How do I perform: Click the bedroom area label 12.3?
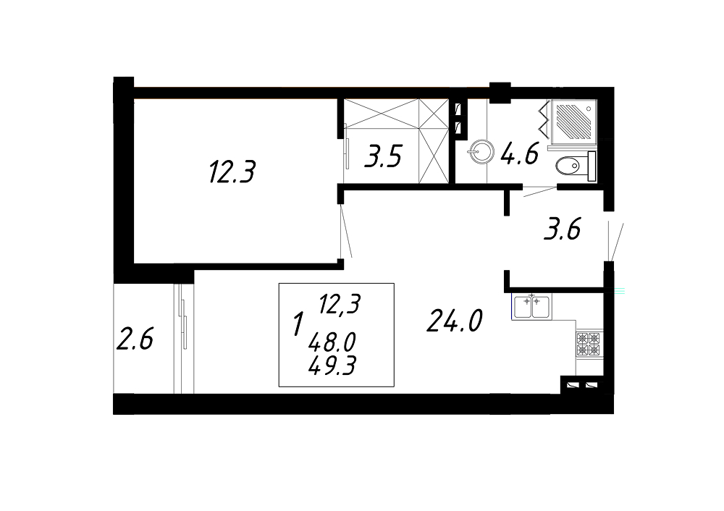click(232, 172)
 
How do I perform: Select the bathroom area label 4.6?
click(520, 153)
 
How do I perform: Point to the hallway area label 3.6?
click(562, 229)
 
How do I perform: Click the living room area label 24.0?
click(455, 321)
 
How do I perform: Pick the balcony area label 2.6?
click(135, 339)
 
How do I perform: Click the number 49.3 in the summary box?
click(332, 367)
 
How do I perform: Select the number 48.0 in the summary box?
click(332, 342)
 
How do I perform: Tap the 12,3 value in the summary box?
click(340, 305)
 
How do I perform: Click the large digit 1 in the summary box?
click(299, 324)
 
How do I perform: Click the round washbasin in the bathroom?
click(481, 151)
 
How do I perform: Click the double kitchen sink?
click(531, 306)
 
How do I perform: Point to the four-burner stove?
click(589, 344)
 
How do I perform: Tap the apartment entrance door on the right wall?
click(615, 242)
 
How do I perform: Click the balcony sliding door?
click(183, 339)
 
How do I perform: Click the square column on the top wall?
click(500, 93)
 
